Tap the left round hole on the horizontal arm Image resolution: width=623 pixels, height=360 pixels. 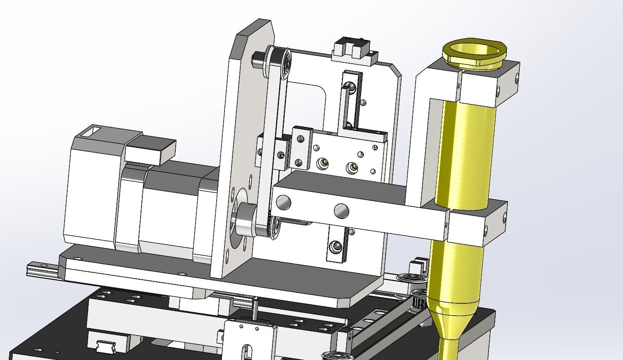(283, 202)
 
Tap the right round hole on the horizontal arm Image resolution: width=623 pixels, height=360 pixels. (341, 211)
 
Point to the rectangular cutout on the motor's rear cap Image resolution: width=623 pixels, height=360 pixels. (92, 130)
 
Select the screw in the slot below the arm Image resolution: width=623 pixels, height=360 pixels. (337, 247)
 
